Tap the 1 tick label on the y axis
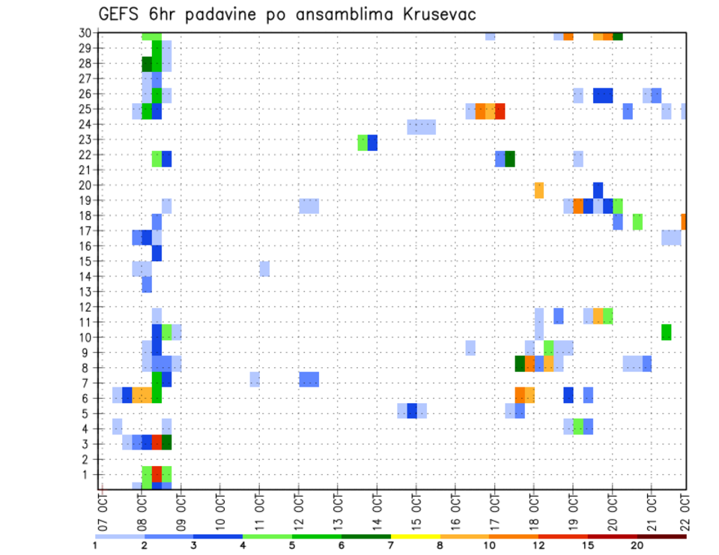[x=87, y=474]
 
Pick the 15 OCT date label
[x=416, y=510]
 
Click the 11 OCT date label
[x=259, y=510]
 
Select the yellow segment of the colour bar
[x=416, y=536]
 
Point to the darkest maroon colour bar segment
[x=661, y=536]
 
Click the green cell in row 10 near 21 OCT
[x=666, y=332]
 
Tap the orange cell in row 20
[x=539, y=190]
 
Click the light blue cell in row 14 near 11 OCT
[x=264, y=269]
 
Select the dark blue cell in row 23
[x=372, y=142]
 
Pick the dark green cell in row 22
[x=510, y=159]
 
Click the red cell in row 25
[x=500, y=111]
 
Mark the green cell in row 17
[x=637, y=221]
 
